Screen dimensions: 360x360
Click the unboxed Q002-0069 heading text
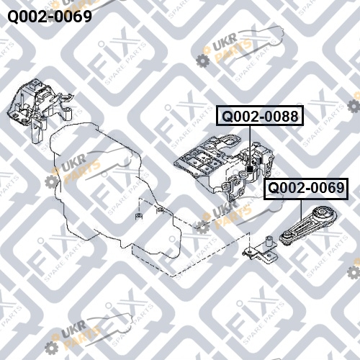click(50, 17)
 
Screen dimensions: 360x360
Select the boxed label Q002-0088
click(260, 115)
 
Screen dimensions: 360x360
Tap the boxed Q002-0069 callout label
click(306, 189)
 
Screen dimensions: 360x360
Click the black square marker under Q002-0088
click(250, 169)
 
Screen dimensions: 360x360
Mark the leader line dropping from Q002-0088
click(250, 146)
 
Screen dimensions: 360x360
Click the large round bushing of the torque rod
click(325, 214)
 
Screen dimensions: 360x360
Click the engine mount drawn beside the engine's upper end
click(40, 107)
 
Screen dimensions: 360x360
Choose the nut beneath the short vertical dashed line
click(139, 216)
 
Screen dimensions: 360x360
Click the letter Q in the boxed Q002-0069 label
click(273, 188)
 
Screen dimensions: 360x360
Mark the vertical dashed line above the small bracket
click(250, 240)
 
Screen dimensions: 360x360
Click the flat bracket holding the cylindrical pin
click(261, 253)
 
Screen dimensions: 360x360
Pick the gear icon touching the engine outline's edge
click(52, 181)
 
